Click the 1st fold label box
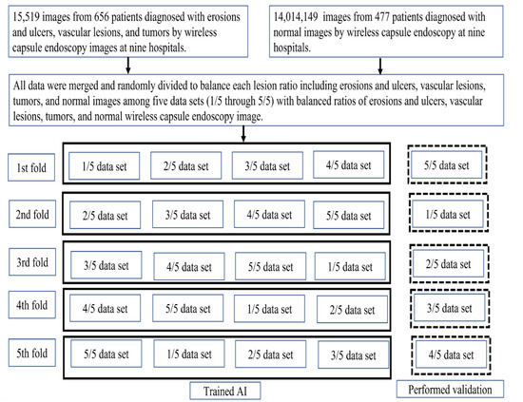click(x=31, y=167)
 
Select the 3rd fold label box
click(x=32, y=262)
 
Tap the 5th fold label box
click(x=32, y=353)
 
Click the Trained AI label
click(x=225, y=391)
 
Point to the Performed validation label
click(x=450, y=389)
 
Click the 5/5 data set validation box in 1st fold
click(x=447, y=164)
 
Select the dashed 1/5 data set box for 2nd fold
click(x=449, y=213)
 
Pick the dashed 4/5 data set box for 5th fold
click(x=451, y=355)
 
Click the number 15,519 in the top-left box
click(x=26, y=17)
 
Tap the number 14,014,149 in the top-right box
click(x=296, y=17)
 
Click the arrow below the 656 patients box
click(x=128, y=66)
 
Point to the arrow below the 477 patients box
click(x=380, y=66)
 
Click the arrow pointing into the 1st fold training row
click(x=243, y=134)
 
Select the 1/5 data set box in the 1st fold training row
click(x=105, y=165)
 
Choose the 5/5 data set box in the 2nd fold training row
click(x=349, y=215)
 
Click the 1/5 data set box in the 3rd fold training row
click(x=350, y=266)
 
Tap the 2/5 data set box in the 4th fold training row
click(x=352, y=309)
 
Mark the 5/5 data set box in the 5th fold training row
click(x=107, y=354)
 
